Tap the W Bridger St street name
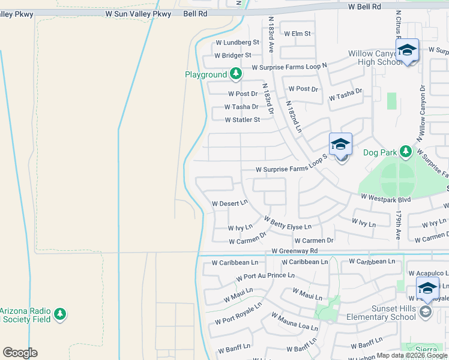(x=232, y=55)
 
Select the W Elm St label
(x=297, y=34)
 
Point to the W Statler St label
(x=242, y=120)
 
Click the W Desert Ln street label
(x=230, y=203)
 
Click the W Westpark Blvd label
(x=385, y=197)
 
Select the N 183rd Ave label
(x=271, y=35)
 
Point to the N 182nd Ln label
(x=294, y=116)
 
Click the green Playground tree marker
(x=236, y=74)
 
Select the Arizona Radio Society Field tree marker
(x=59, y=314)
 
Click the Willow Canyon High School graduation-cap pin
(x=406, y=51)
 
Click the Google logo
(x=20, y=352)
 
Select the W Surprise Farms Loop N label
(x=289, y=67)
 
